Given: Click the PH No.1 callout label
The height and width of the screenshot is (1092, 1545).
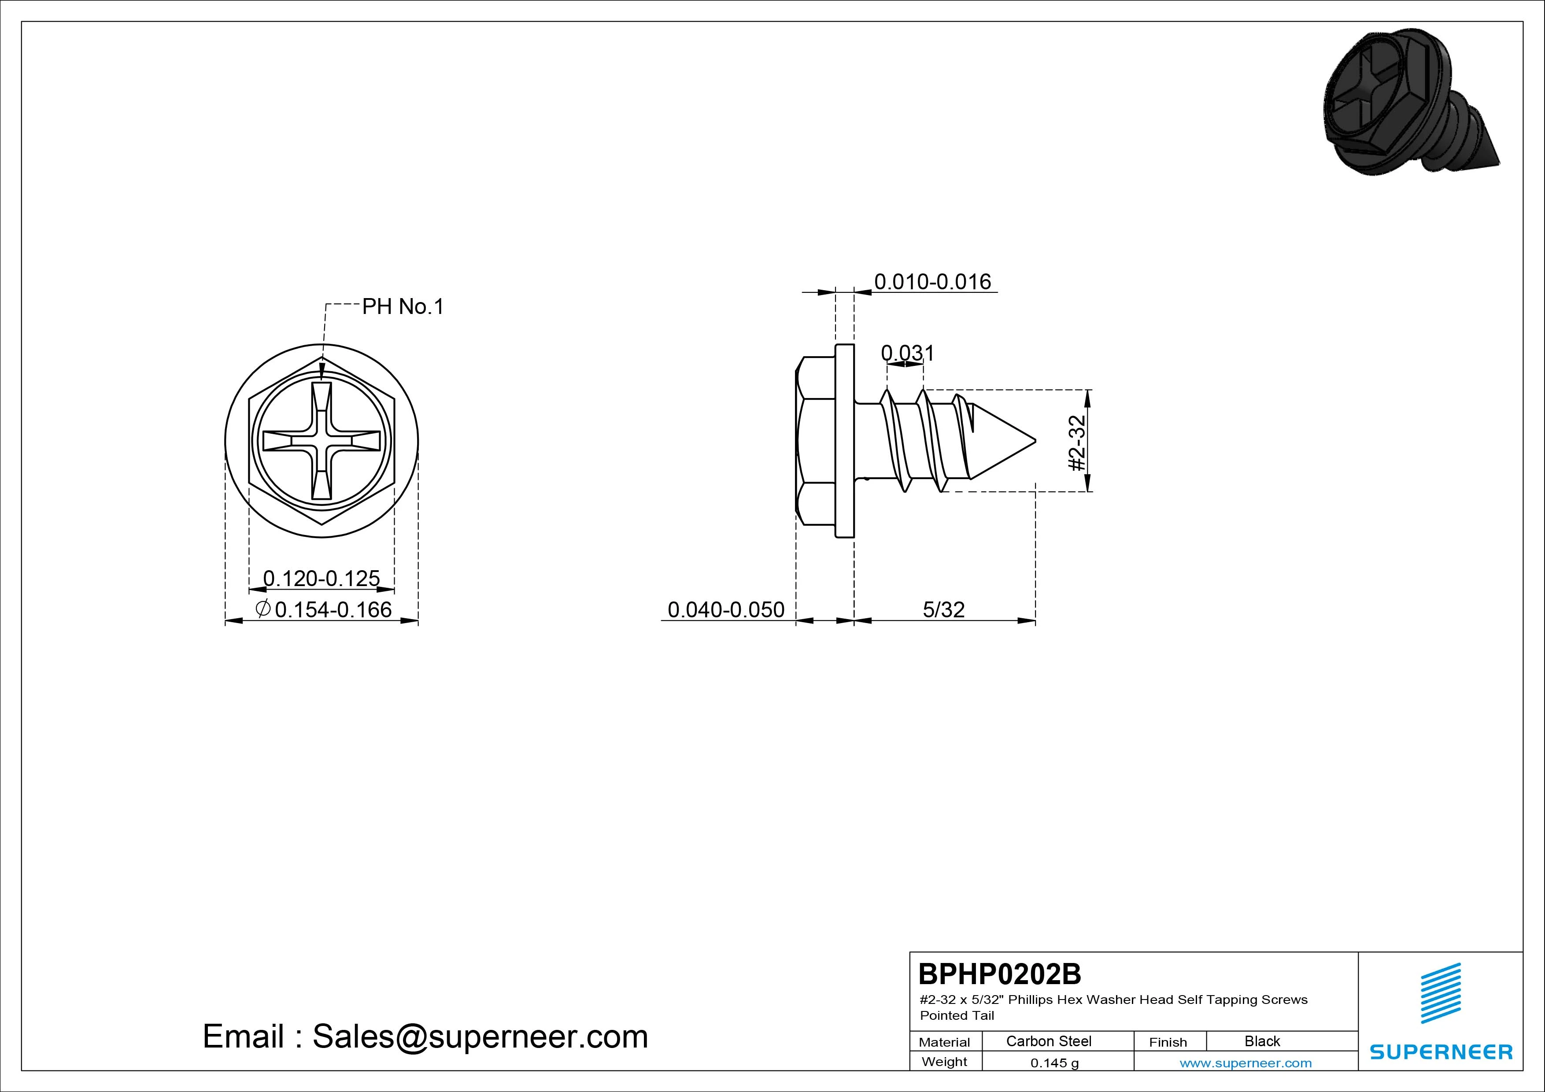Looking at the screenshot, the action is [403, 307].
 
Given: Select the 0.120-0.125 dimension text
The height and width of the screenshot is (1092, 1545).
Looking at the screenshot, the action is [322, 578].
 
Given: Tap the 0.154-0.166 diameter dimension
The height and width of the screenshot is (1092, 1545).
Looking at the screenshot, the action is [333, 609].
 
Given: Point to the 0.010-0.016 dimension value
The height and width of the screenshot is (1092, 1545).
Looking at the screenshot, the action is [933, 281].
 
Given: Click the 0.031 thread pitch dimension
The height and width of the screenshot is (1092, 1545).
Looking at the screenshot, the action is [908, 353].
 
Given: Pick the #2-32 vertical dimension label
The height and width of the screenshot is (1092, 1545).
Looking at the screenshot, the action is [1077, 443].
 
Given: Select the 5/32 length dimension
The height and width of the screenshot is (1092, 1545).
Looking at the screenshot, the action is [943, 609].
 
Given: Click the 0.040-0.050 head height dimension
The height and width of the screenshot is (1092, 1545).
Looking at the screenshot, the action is [726, 609].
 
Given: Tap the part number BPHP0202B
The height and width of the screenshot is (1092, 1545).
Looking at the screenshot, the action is [999, 974].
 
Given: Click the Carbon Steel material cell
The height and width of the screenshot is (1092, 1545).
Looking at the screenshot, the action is [1048, 1041].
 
